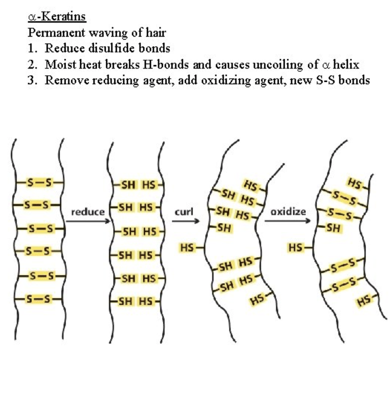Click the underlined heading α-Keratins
[x=57, y=17]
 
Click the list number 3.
[x=32, y=81]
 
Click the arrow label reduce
[x=88, y=212]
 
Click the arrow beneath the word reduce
[x=88, y=221]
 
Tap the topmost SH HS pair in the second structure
[x=138, y=184]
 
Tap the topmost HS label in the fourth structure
[x=355, y=183]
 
